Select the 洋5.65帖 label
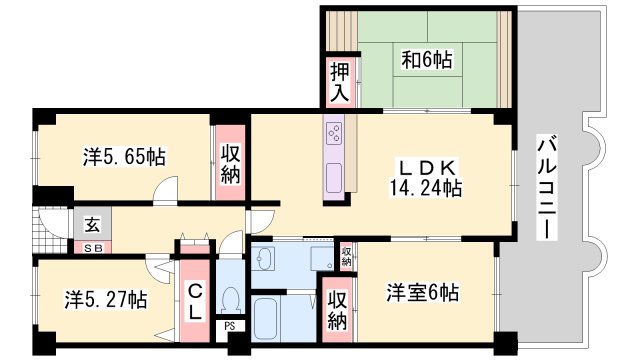point(122,157)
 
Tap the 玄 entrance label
point(91,226)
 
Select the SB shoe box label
point(91,246)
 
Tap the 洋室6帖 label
point(423,294)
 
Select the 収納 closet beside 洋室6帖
point(337,310)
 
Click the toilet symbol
point(229,298)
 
